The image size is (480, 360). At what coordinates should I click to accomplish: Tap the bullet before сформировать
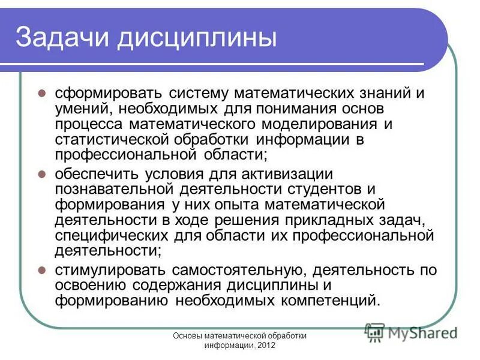pos(42,94)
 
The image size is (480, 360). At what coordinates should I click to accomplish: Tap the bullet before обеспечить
pos(42,174)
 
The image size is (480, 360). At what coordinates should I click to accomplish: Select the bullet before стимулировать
pos(42,269)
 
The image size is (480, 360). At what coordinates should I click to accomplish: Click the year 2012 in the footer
pos(265,346)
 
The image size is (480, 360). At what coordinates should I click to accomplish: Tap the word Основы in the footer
pos(188,336)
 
